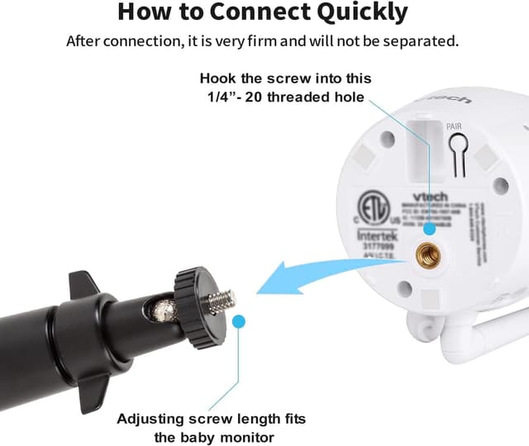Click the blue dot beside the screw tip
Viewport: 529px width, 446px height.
[239, 321]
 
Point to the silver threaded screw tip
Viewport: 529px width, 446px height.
[220, 301]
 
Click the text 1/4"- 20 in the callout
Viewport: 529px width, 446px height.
[235, 97]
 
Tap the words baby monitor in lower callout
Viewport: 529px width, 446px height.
[232, 437]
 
